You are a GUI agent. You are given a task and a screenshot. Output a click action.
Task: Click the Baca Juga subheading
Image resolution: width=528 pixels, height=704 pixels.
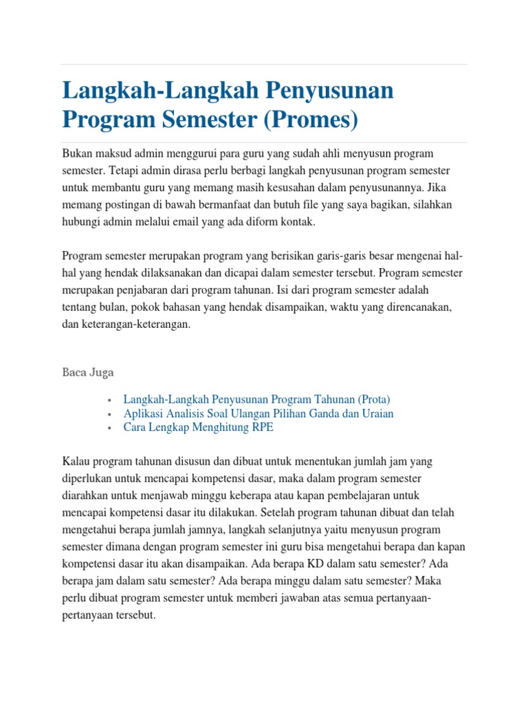click(x=88, y=373)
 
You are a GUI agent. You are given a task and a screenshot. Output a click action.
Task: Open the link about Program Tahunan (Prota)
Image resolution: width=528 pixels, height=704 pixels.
click(x=256, y=399)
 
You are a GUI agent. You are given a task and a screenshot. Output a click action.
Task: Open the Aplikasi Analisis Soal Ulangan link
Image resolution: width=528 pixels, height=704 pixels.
click(x=258, y=413)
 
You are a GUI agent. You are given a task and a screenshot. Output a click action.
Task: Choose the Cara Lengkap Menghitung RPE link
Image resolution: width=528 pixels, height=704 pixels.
click(x=198, y=427)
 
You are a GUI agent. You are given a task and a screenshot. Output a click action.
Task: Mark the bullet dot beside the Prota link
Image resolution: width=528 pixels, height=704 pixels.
click(x=110, y=400)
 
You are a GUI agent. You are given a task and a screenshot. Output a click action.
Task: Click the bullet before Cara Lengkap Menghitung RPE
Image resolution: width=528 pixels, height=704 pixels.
click(x=110, y=428)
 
